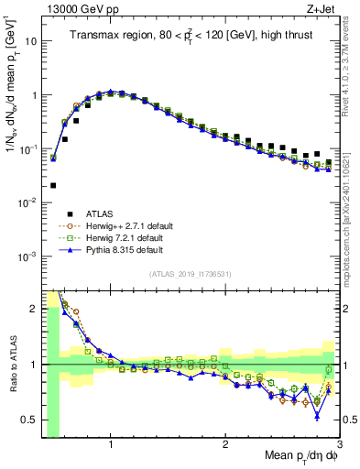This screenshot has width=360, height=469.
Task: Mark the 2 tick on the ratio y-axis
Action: pyautogui.click(x=35, y=309)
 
